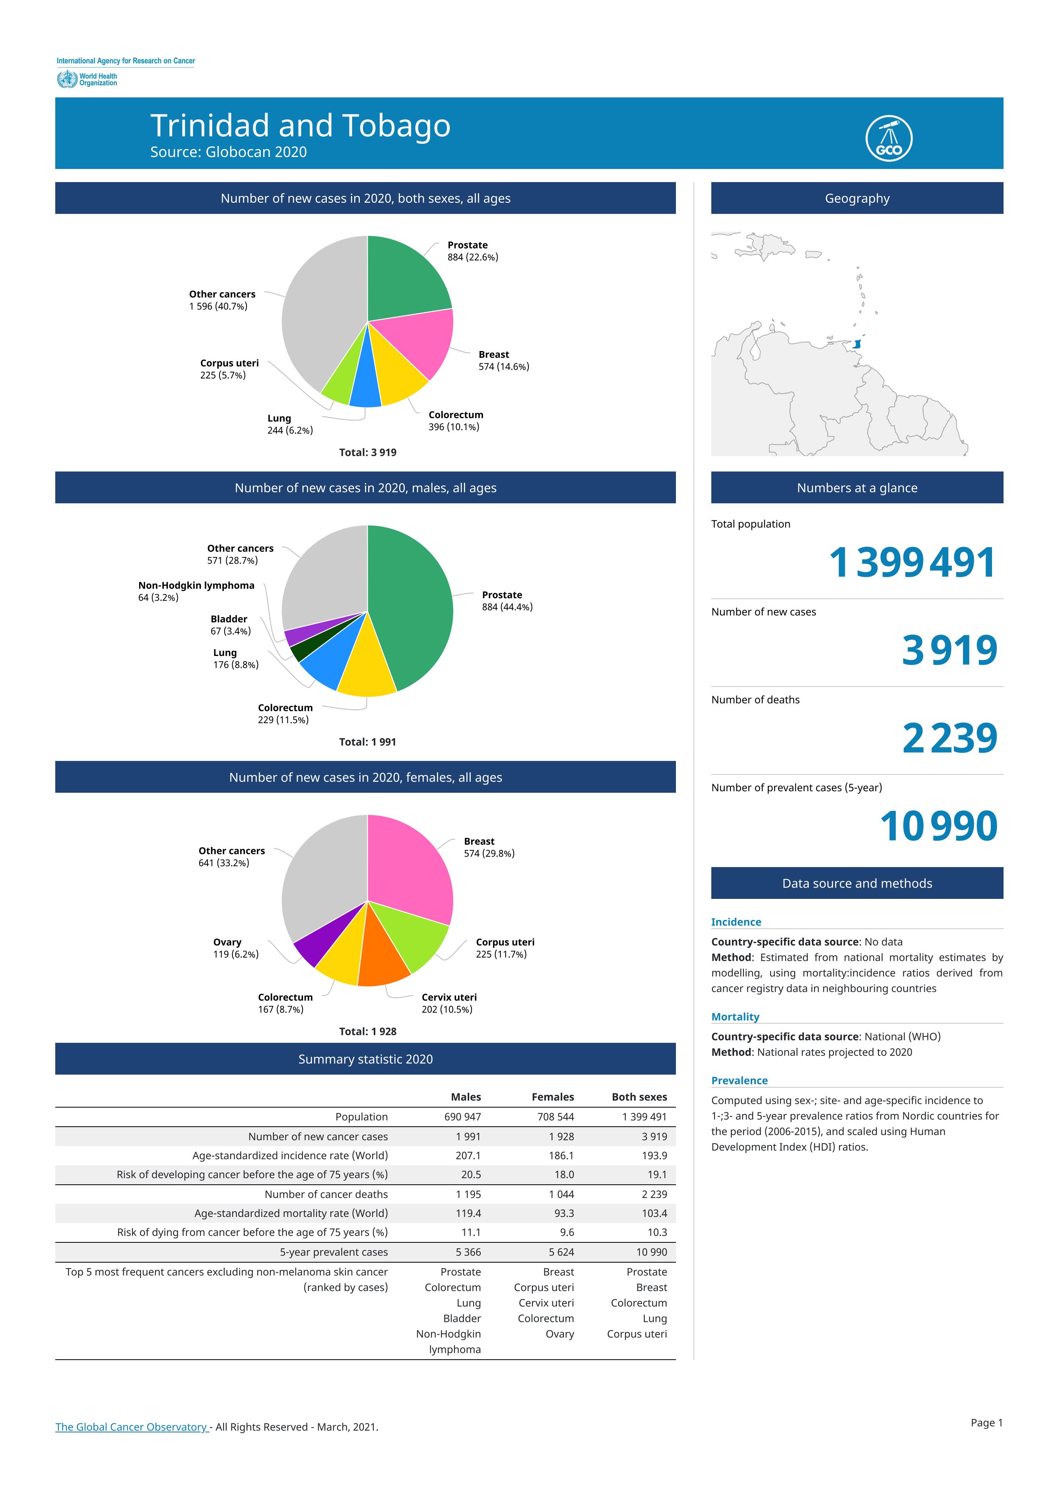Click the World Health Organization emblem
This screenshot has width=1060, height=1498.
(x=66, y=80)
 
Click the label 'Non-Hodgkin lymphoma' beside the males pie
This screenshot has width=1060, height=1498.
(x=196, y=586)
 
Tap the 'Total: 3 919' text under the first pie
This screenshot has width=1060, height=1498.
(x=367, y=452)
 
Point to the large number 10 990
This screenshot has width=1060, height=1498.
(x=939, y=827)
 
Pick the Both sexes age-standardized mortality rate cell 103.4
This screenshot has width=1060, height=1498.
(x=654, y=1213)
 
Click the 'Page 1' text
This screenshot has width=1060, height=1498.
(x=986, y=1422)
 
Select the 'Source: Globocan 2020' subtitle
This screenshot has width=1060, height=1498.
(x=229, y=152)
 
